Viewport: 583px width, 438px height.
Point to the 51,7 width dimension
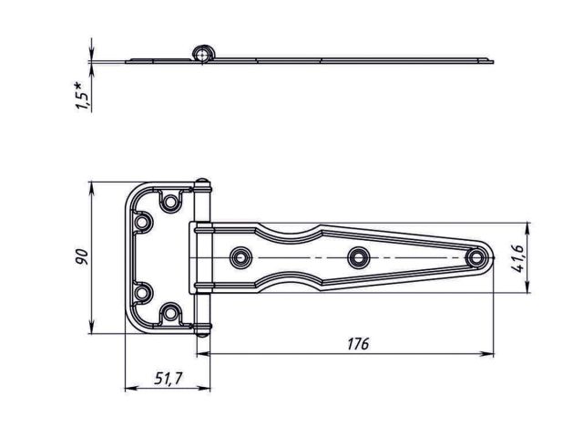pos(161,378)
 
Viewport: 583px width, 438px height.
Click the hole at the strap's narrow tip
pos(475,258)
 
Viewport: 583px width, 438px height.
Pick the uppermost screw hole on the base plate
pos(169,200)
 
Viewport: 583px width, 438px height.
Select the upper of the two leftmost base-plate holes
pos(143,222)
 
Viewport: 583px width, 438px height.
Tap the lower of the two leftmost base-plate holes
pos(143,293)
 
